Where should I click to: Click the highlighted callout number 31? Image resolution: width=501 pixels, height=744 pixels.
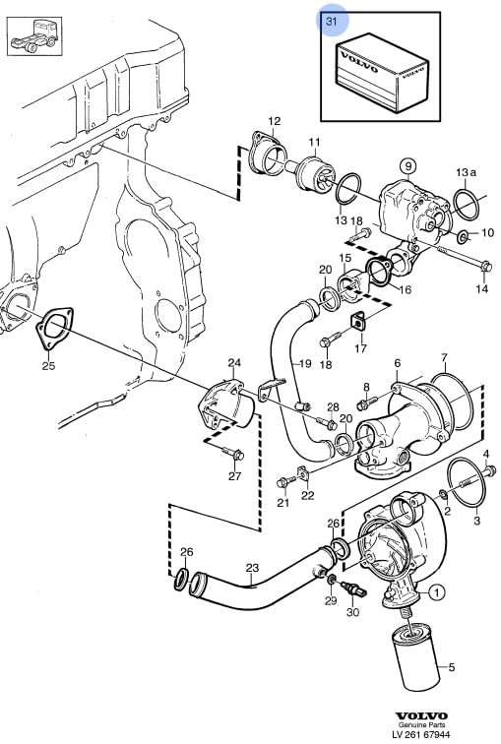[331, 21]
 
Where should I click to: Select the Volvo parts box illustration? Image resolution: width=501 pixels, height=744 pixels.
[382, 73]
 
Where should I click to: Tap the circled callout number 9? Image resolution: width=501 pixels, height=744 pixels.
[407, 166]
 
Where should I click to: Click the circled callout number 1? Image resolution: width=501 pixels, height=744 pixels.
[436, 592]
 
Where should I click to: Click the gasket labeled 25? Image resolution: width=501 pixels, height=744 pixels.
[54, 329]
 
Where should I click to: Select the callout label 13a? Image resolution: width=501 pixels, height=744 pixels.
[466, 172]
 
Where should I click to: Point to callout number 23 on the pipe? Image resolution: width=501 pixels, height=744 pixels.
[252, 568]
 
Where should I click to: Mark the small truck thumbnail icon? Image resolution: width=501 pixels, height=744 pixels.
[34, 36]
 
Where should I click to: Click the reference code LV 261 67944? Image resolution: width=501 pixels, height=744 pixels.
[421, 734]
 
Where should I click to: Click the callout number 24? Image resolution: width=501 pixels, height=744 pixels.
[234, 363]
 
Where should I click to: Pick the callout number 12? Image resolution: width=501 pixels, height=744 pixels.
[275, 121]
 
